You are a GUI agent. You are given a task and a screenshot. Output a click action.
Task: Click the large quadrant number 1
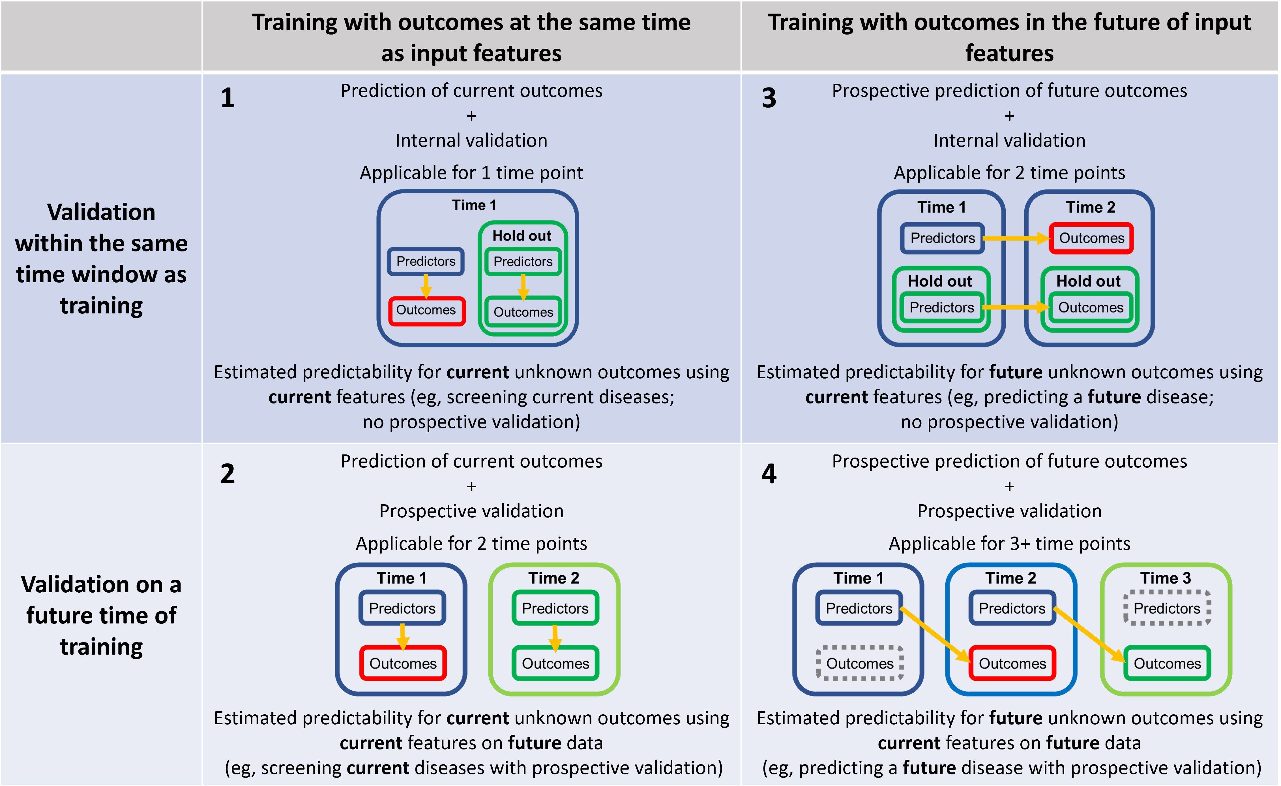click(x=228, y=98)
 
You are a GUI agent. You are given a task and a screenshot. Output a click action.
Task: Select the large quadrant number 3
click(x=769, y=98)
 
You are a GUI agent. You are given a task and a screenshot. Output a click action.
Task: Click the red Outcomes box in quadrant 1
click(x=426, y=311)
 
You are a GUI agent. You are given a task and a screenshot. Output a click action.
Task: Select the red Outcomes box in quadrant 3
click(x=1091, y=238)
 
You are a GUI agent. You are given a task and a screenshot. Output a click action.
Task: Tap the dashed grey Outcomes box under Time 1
click(x=860, y=663)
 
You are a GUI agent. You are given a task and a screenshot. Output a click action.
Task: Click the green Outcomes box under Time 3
click(x=1167, y=663)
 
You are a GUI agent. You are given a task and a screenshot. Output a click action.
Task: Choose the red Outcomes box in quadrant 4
click(x=1012, y=663)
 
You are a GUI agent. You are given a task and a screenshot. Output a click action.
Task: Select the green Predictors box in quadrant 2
click(x=555, y=608)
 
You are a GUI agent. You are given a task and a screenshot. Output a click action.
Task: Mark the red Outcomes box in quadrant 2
click(x=403, y=663)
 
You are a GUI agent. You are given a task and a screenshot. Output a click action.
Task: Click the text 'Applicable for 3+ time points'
click(x=1009, y=544)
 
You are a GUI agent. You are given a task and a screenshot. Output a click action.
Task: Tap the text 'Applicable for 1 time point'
click(x=471, y=173)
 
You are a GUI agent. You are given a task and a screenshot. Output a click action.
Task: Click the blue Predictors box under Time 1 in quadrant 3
click(x=943, y=238)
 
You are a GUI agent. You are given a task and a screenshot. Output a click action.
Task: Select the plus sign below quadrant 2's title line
click(x=471, y=486)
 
